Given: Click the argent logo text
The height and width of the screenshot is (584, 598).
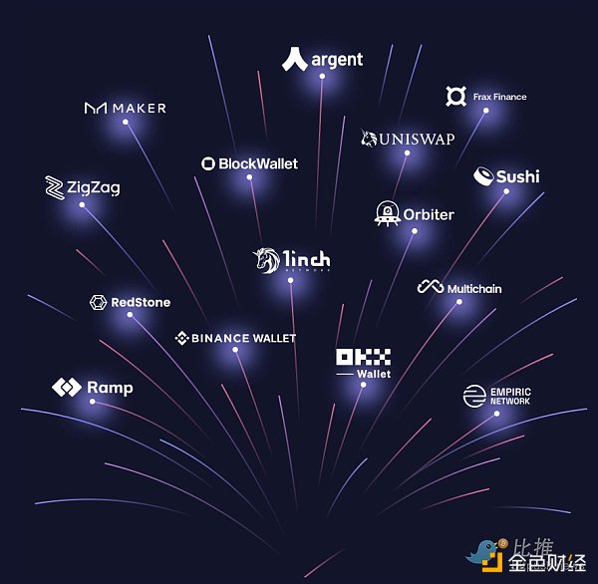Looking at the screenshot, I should tap(337, 60).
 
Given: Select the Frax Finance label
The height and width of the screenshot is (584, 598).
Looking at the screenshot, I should tap(500, 97).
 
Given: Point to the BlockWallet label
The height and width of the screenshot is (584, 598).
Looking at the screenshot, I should tap(258, 163).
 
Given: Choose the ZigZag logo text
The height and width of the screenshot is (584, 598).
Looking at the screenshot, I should tap(94, 186).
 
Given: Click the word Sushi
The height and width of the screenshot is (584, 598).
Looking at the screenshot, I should tap(517, 176).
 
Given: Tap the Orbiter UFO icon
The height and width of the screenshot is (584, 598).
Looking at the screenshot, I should tap(387, 213).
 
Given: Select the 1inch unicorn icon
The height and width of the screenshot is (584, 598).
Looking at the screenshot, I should tap(266, 260).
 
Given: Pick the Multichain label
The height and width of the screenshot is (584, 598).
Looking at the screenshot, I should tap(474, 289).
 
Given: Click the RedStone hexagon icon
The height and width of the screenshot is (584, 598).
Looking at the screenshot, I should tap(98, 302).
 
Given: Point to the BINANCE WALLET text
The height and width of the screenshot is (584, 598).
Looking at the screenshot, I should tap(244, 338).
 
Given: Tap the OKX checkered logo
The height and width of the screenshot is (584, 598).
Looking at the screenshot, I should tap(363, 357).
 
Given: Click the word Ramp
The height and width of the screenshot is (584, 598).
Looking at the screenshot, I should tap(110, 387).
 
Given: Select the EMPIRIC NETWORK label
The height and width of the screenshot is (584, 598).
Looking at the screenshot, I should tap(510, 396).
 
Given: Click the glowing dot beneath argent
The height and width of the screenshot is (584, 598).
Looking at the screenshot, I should tap(321, 77).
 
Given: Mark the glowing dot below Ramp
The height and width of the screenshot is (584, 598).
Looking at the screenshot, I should tap(92, 402).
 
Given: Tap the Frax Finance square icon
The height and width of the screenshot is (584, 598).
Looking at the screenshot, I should tap(456, 97).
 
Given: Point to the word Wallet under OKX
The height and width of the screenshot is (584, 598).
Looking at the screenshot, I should tap(374, 375).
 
